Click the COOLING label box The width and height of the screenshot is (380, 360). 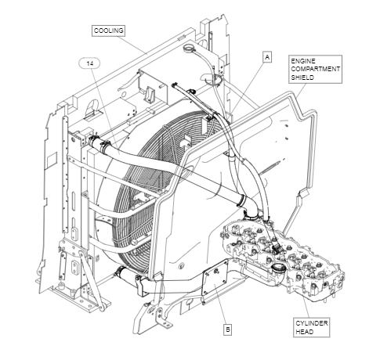pyautogui.click(x=108, y=31)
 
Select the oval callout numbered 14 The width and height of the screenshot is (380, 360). pyautogui.click(x=89, y=63)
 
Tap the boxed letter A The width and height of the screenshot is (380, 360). pyautogui.click(x=267, y=57)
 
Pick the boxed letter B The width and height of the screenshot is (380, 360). pyautogui.click(x=227, y=329)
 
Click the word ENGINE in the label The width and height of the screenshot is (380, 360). pyautogui.click(x=303, y=61)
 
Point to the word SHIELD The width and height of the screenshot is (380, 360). pyautogui.click(x=302, y=77)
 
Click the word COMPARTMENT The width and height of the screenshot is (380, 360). pyautogui.click(x=316, y=69)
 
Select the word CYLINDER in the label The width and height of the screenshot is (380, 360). pyautogui.click(x=312, y=323)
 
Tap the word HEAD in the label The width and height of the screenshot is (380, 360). pyautogui.click(x=304, y=332)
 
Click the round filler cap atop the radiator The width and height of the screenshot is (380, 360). pyautogui.click(x=188, y=48)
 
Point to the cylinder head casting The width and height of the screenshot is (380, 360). pyautogui.click(x=284, y=258)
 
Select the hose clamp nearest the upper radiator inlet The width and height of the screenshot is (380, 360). pyautogui.click(x=105, y=146)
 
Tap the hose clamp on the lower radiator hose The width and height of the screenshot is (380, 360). pyautogui.click(x=120, y=272)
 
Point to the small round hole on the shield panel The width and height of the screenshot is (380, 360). pyautogui.click(x=181, y=266)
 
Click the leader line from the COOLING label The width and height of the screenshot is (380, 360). pyautogui.click(x=132, y=45)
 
